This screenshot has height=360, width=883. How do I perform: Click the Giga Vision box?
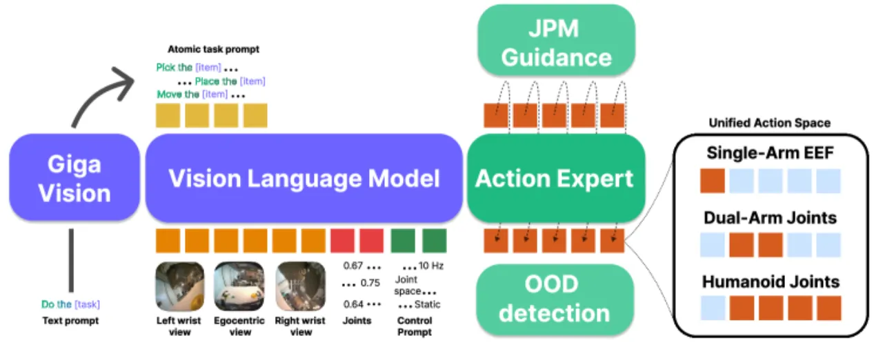(x=75, y=178)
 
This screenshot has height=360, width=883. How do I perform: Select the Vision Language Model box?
(x=304, y=178)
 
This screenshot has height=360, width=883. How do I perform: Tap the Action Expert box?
(x=556, y=178)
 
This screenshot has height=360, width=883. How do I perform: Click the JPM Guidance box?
(x=556, y=40)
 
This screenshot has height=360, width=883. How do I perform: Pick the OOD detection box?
(x=555, y=299)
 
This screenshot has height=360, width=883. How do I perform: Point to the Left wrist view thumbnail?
(x=180, y=286)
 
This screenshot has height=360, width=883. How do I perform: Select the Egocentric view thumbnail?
(x=239, y=286)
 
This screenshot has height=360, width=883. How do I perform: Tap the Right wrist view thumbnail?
(x=301, y=286)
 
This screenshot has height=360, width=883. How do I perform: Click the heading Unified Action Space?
(x=769, y=123)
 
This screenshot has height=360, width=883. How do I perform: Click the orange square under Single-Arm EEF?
(x=713, y=181)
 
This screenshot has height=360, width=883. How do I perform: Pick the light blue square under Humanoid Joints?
(x=713, y=308)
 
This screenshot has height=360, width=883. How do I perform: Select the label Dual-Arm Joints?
(x=770, y=218)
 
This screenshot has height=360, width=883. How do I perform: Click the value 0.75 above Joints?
(x=370, y=283)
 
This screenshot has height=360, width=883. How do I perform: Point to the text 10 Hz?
(x=431, y=266)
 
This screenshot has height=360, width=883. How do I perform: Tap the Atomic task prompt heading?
(x=213, y=49)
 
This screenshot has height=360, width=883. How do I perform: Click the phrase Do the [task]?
(x=70, y=304)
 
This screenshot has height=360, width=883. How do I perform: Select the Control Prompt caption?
(x=415, y=326)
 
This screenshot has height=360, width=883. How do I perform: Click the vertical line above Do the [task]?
(x=71, y=261)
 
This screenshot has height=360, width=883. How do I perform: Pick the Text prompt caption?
(x=70, y=321)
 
